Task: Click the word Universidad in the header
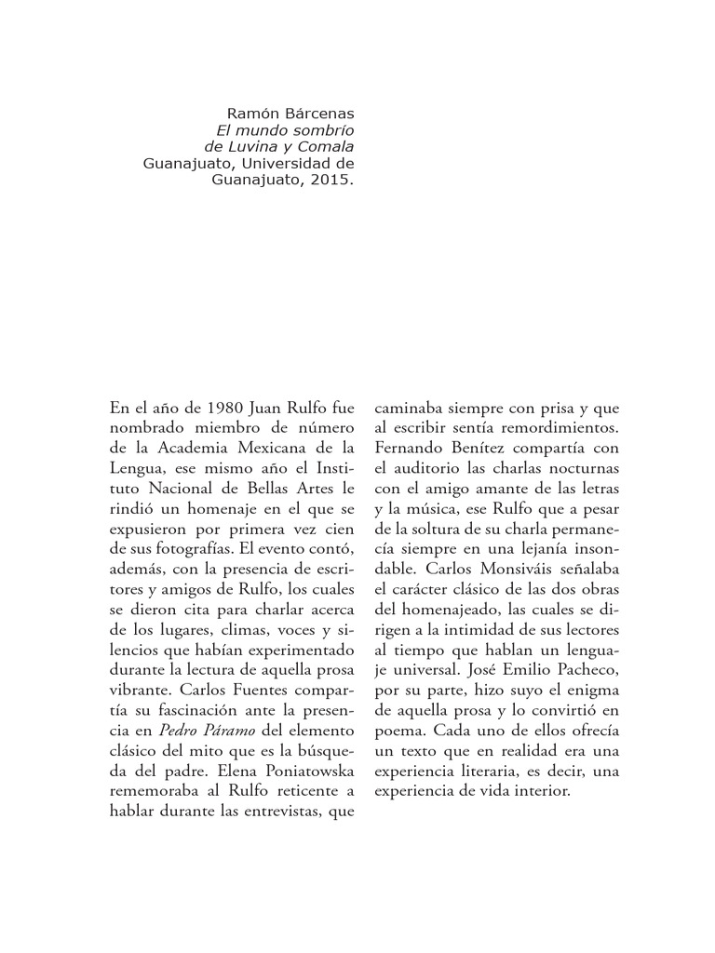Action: (281, 164)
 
